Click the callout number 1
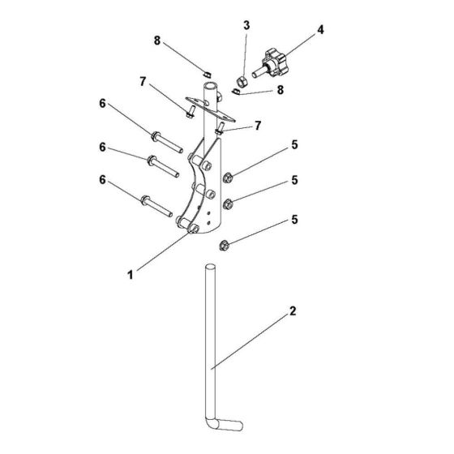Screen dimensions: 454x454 pyautogui.click(x=129, y=276)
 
